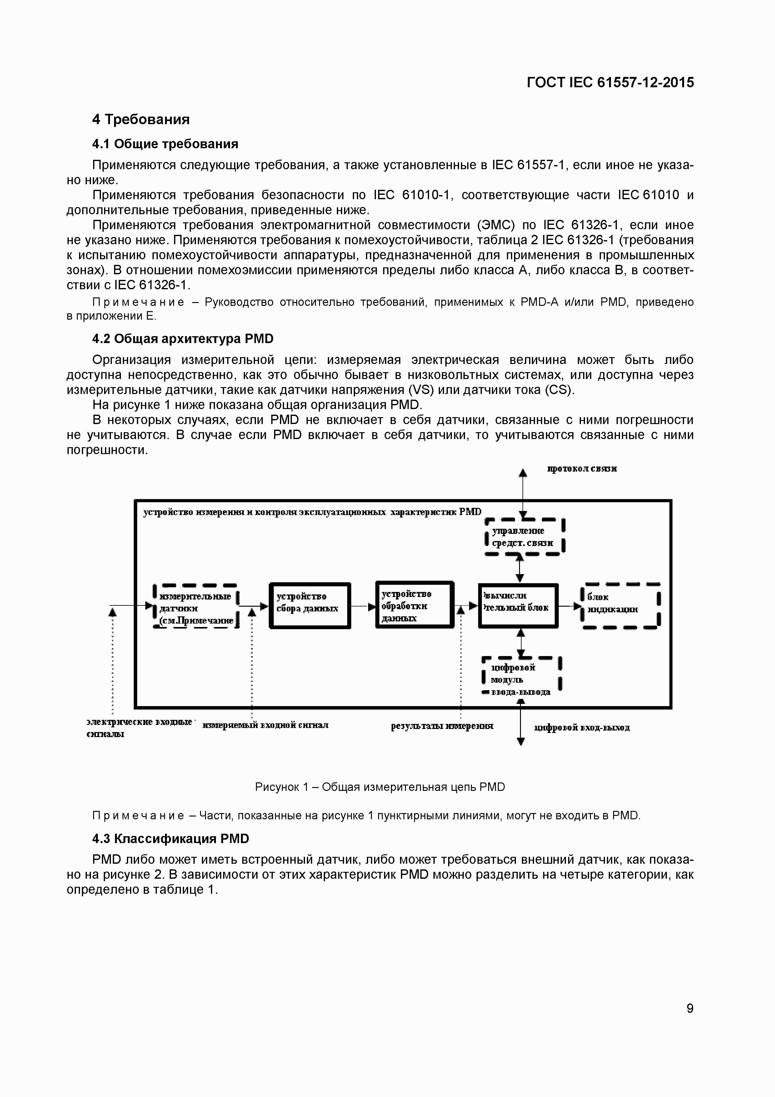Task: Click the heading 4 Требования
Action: [x=141, y=119]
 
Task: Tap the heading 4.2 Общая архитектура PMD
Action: [x=182, y=339]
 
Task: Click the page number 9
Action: [x=689, y=1008]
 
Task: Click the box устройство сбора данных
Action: [x=309, y=605]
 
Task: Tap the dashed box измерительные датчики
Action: [x=196, y=606]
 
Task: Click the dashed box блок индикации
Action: [x=620, y=606]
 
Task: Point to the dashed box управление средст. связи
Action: [x=524, y=537]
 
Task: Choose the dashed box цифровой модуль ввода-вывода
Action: [x=521, y=679]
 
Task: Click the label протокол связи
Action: [x=582, y=469]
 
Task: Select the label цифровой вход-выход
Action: [x=582, y=728]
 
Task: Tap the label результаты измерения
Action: [x=442, y=726]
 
